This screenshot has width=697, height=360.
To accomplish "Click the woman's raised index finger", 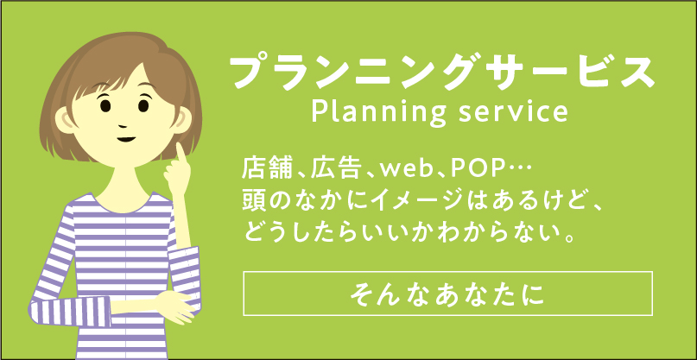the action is [181, 155].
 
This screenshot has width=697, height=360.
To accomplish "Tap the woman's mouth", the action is [126, 139].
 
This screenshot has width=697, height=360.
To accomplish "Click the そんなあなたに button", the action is [447, 294].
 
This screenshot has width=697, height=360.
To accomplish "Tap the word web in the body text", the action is [407, 170].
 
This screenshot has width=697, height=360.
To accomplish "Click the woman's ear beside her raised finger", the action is [182, 120].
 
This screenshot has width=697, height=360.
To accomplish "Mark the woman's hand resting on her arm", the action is [175, 306].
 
